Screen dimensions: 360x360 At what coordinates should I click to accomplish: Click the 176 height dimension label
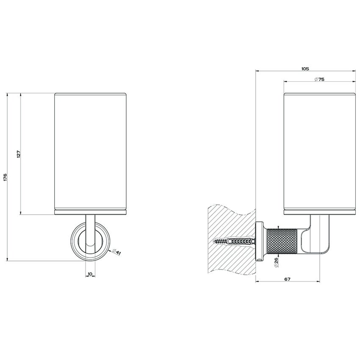pyautogui.click(x=5, y=177)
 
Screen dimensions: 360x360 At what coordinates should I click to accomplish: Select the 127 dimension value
pyautogui.click(x=19, y=154)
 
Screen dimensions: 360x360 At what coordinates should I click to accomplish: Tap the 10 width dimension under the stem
pyautogui.click(x=90, y=274)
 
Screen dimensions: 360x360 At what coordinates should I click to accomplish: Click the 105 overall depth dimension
pyautogui.click(x=305, y=69)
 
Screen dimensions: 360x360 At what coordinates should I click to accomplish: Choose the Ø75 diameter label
pyautogui.click(x=319, y=79)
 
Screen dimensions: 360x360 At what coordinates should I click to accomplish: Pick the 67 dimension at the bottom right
pyautogui.click(x=287, y=279)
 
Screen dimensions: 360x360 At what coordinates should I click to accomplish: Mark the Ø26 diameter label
pyautogui.click(x=276, y=262)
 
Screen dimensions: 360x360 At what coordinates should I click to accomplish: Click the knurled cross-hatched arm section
pyautogui.click(x=282, y=241)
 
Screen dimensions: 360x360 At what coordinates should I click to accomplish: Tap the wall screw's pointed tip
pyautogui.click(x=213, y=241)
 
